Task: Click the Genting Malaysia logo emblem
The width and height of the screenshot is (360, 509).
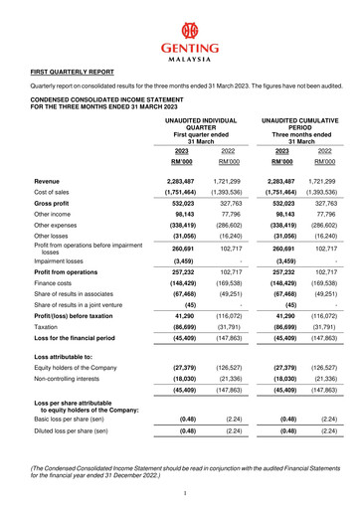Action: pos(180,28)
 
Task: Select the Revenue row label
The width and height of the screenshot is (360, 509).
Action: pos(46,182)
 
